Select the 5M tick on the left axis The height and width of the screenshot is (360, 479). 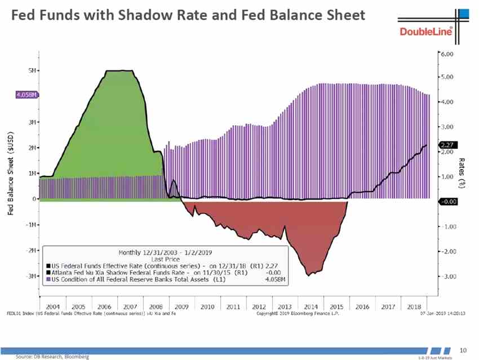pyautogui.click(x=33, y=70)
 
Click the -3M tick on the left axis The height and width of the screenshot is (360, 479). pyautogui.click(x=32, y=276)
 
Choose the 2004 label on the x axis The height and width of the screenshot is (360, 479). pyautogui.click(x=53, y=306)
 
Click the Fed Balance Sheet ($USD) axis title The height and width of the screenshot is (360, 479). pyautogui.click(x=11, y=175)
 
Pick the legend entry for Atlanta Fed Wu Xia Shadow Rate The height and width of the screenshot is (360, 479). pyautogui.click(x=140, y=272)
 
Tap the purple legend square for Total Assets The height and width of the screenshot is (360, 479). pyautogui.click(x=48, y=278)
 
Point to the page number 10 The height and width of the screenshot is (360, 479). pyautogui.click(x=465, y=349)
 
